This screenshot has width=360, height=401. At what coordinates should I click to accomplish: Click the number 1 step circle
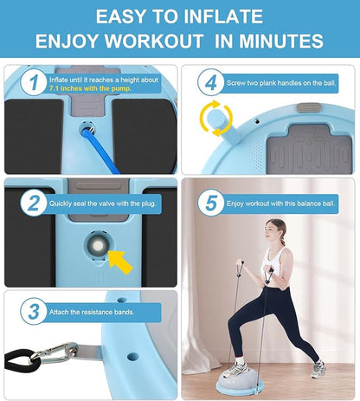pyautogui.click(x=34, y=82)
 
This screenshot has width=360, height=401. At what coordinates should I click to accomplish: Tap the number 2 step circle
pyautogui.click(x=34, y=204)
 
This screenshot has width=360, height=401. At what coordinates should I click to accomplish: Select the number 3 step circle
pyautogui.click(x=34, y=312)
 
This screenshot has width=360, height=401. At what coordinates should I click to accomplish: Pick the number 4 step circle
pyautogui.click(x=211, y=82)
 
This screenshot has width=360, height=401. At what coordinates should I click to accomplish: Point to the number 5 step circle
pyautogui.click(x=211, y=203)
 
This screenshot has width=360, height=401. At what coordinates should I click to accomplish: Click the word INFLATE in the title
pyautogui.click(x=222, y=16)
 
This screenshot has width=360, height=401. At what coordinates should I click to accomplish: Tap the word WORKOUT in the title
pyautogui.click(x=153, y=41)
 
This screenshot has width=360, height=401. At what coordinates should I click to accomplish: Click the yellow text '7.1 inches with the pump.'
pyautogui.click(x=90, y=88)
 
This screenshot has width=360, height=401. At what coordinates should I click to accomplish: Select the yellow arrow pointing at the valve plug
pyautogui.click(x=120, y=262)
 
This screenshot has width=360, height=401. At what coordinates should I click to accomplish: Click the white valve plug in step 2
pyautogui.click(x=98, y=246)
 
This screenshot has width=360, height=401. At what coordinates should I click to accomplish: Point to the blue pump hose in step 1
pyautogui.click(x=100, y=151)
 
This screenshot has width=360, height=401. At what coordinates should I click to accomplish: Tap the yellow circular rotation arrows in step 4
pyautogui.click(x=216, y=118)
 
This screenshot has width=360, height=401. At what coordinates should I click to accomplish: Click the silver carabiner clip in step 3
pyautogui.click(x=54, y=352)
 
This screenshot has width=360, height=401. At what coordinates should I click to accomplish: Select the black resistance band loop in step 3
pyautogui.click(x=21, y=361)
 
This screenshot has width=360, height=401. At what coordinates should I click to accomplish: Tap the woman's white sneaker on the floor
pyautogui.click(x=318, y=369)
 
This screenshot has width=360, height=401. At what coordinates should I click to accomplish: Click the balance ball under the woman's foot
pyautogui.click(x=240, y=380)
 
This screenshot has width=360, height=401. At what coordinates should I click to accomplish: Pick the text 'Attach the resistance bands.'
pyautogui.click(x=92, y=312)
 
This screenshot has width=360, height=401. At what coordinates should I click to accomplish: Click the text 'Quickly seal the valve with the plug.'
pyautogui.click(x=103, y=204)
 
